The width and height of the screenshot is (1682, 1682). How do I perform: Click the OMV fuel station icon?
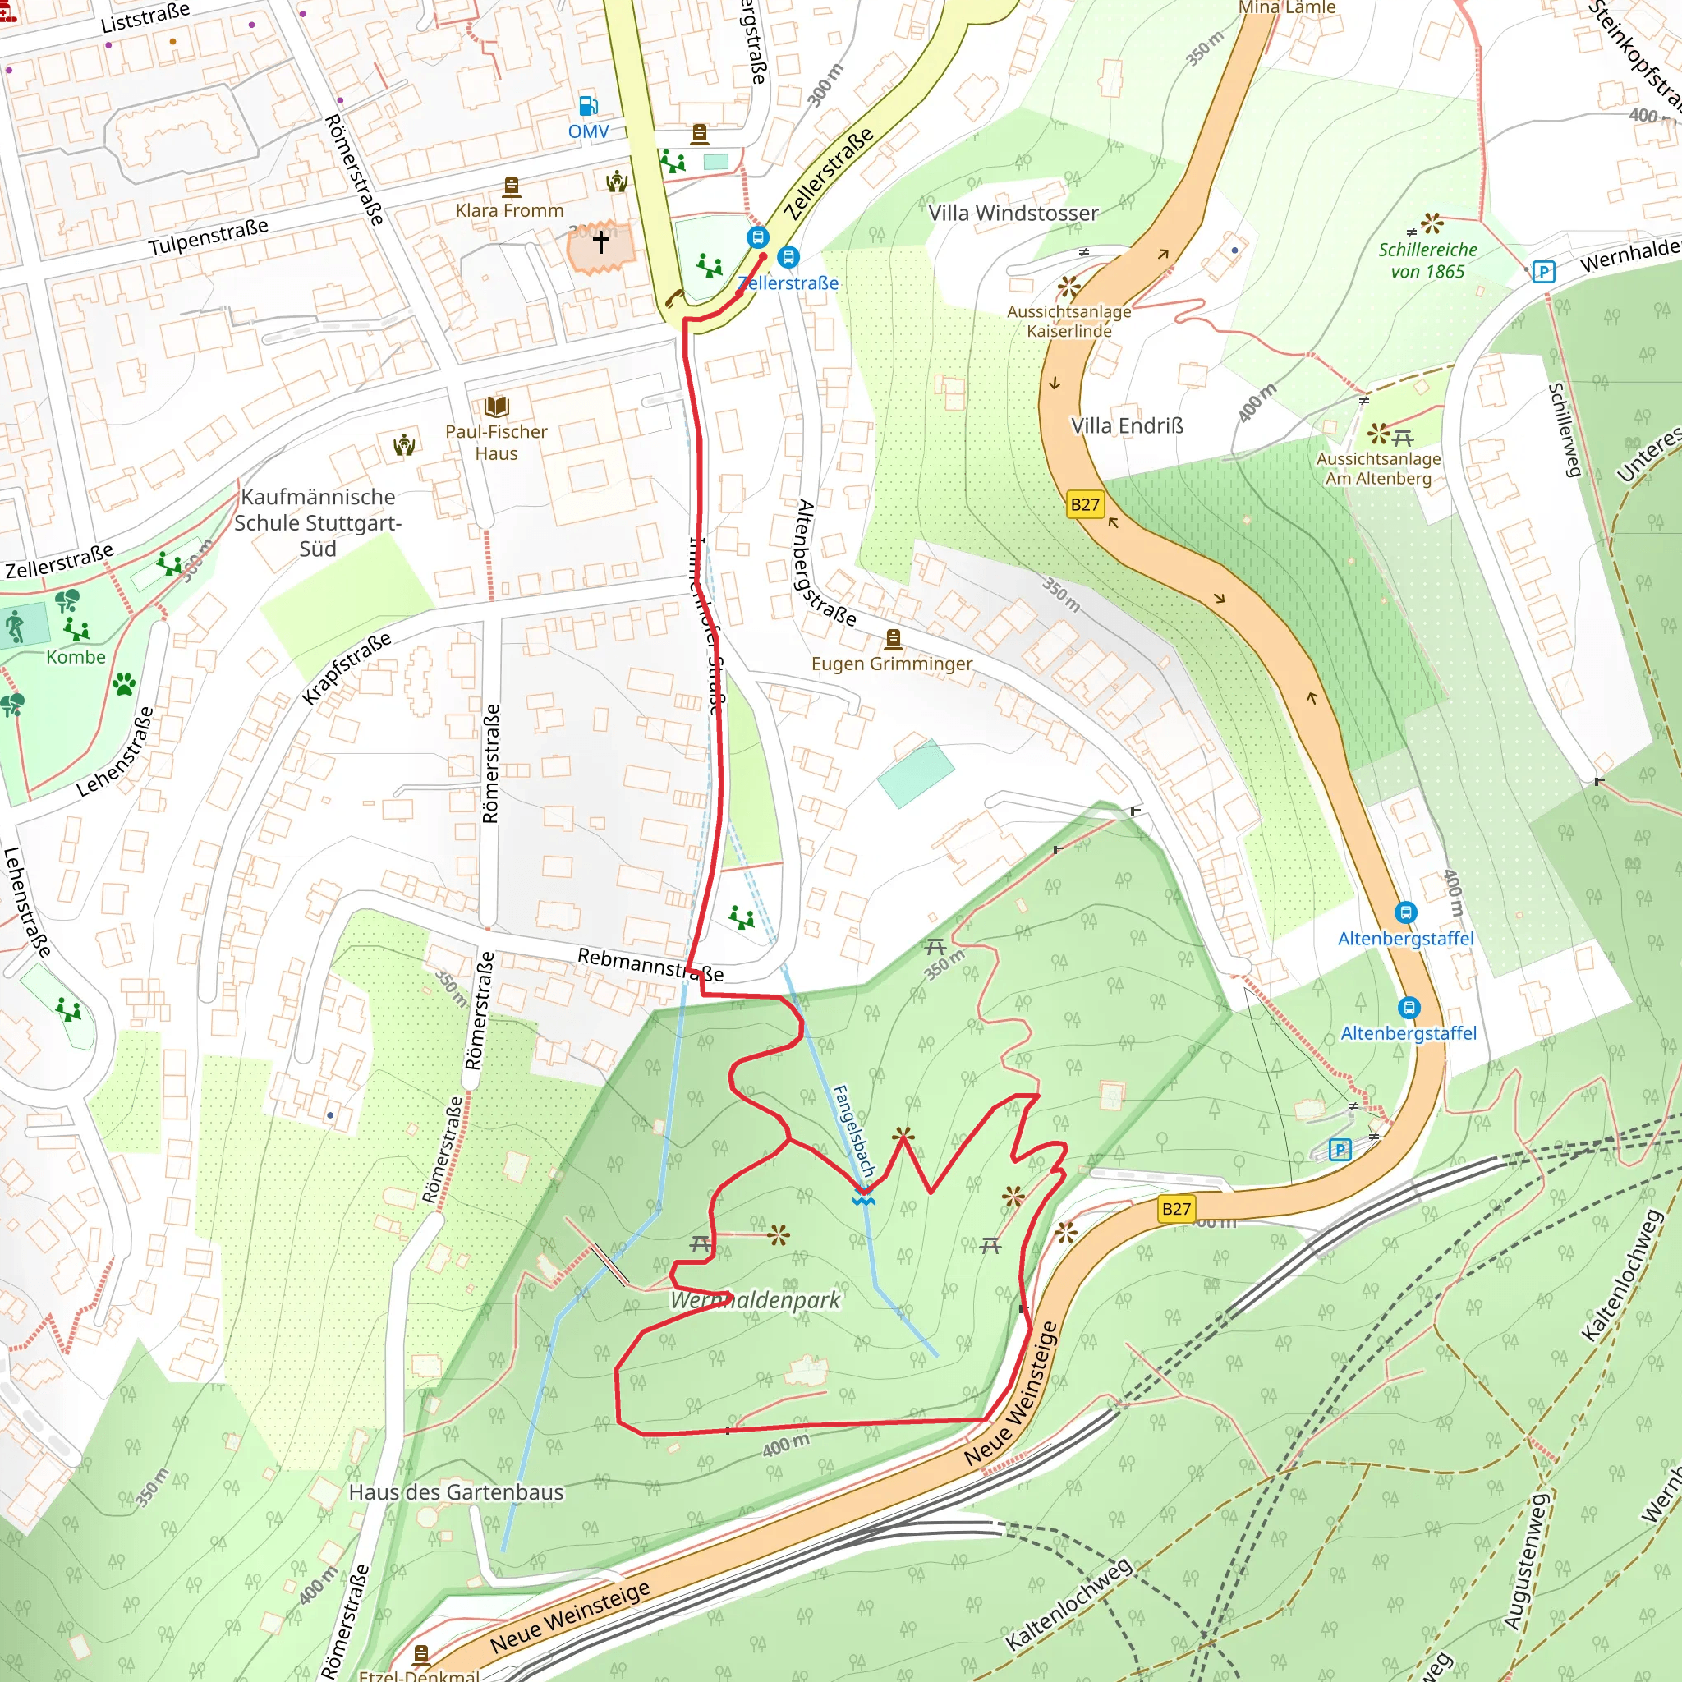[x=589, y=106]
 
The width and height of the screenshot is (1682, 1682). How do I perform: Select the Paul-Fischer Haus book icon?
[x=496, y=407]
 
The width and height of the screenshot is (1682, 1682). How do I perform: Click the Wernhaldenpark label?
[x=755, y=1300]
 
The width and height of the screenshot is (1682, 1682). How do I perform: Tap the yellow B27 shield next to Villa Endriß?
[x=1085, y=504]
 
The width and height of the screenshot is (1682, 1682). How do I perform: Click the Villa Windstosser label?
[x=1013, y=214]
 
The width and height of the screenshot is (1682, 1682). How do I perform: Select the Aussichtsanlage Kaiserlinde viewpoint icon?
[x=1068, y=287]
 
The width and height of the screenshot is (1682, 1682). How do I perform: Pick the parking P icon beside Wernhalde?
[x=1542, y=272]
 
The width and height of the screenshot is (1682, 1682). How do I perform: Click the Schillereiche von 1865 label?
[x=1427, y=260]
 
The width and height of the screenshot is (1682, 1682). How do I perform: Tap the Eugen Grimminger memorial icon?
[x=893, y=640]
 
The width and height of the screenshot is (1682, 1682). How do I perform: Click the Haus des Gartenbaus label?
[x=455, y=1492]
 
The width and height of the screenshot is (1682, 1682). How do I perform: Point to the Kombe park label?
[x=76, y=657]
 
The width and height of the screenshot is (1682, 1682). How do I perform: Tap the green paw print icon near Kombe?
[x=124, y=683]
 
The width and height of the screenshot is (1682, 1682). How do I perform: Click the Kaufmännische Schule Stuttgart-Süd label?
[x=318, y=522]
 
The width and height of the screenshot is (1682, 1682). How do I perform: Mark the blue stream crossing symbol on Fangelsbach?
[x=863, y=1200]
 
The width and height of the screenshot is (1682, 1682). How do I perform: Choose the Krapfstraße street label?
[x=346, y=669]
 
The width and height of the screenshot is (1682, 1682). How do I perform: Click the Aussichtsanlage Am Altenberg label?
[x=1378, y=468]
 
